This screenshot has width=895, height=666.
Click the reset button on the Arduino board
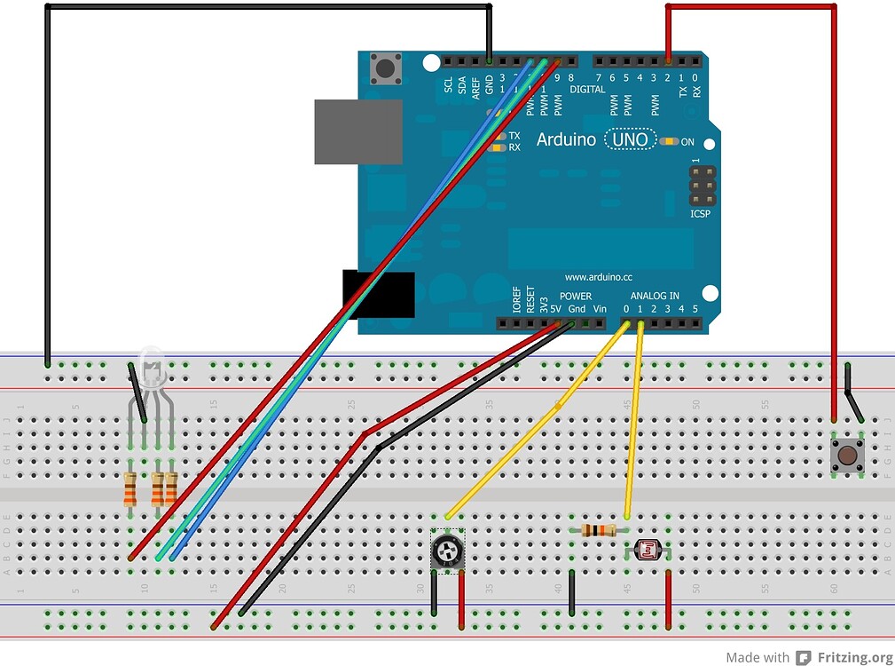pyautogui.click(x=385, y=67)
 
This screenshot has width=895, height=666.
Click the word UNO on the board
pyautogui.click(x=630, y=139)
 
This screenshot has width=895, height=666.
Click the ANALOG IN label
pyautogui.click(x=655, y=296)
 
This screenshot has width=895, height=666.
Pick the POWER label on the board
pyautogui.click(x=576, y=296)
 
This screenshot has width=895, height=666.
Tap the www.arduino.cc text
pyautogui.click(x=599, y=277)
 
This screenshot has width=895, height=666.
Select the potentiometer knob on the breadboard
pyautogui.click(x=447, y=552)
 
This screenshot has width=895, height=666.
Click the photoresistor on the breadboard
pyautogui.click(x=648, y=551)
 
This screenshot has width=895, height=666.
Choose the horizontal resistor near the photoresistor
pyautogui.click(x=599, y=530)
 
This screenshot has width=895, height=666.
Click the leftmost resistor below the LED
pyautogui.click(x=130, y=488)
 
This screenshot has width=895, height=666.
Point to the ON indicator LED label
pyautogui.click(x=687, y=141)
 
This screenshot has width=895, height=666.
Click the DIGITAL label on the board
pyautogui.click(x=586, y=90)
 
